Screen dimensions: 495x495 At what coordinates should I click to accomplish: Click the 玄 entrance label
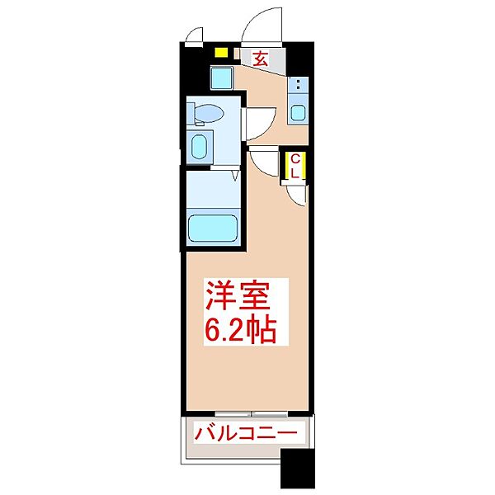(x=261, y=59)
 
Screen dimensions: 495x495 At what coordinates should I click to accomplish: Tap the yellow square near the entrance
(x=221, y=52)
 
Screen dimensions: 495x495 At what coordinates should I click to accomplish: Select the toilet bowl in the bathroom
(x=208, y=114)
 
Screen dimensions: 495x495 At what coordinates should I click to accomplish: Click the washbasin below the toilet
(x=199, y=147)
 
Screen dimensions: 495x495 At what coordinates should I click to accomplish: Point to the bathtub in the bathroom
(x=213, y=229)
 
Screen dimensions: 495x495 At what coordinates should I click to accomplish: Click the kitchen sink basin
(x=298, y=113)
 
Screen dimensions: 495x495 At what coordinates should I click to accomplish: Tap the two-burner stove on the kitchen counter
(x=298, y=85)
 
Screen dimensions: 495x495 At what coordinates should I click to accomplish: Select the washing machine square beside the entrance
(x=222, y=78)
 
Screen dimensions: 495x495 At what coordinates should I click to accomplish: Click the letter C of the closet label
(x=295, y=159)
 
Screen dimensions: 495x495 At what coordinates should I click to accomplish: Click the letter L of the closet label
(x=295, y=173)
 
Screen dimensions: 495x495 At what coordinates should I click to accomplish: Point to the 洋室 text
(x=238, y=296)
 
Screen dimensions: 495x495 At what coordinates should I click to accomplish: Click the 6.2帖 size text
(x=241, y=329)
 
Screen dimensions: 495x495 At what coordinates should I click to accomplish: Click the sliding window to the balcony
(x=251, y=413)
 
